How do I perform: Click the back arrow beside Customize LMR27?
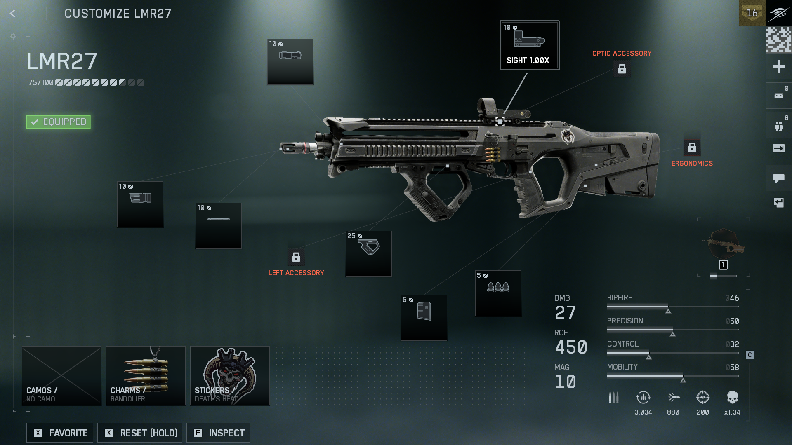coord(13,14)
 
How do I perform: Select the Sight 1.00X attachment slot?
coord(529,45)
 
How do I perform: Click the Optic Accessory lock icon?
coord(622,69)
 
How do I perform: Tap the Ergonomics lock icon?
coord(692,148)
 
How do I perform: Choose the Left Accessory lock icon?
coord(296,257)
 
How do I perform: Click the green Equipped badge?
coord(58,122)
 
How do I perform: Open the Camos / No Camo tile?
coord(61,375)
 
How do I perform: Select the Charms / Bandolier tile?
coord(146,375)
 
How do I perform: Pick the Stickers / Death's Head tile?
coord(230,375)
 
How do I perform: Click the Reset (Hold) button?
coord(140,433)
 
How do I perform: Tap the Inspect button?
coord(218,433)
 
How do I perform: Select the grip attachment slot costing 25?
coord(368,253)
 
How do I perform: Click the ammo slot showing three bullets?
coord(498,293)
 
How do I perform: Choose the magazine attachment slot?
coord(424,317)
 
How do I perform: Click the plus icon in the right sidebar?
coord(778,66)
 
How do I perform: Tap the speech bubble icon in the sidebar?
coord(778,178)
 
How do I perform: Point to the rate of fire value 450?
coord(571,347)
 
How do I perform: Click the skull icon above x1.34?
coord(732,397)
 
